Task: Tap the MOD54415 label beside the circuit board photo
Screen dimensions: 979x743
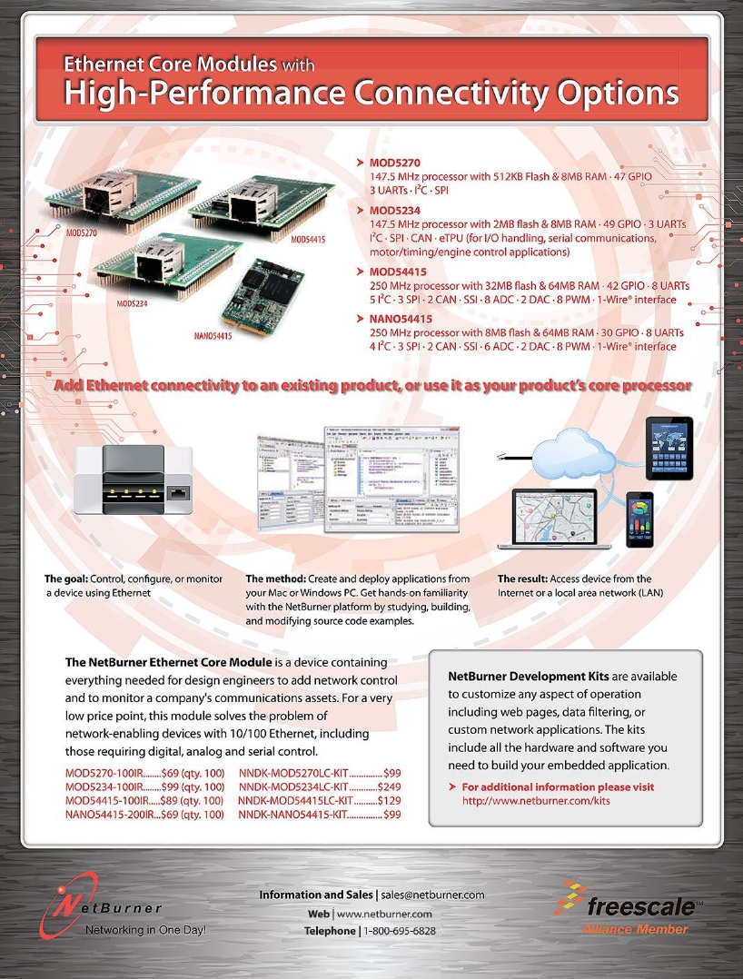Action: tap(311, 239)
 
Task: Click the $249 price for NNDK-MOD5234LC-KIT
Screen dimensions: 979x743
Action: tap(389, 786)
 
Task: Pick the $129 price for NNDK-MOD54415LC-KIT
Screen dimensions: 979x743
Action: tap(389, 801)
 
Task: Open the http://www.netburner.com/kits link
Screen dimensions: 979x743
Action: tap(535, 801)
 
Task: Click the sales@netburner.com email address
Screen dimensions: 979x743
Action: tap(432, 895)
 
